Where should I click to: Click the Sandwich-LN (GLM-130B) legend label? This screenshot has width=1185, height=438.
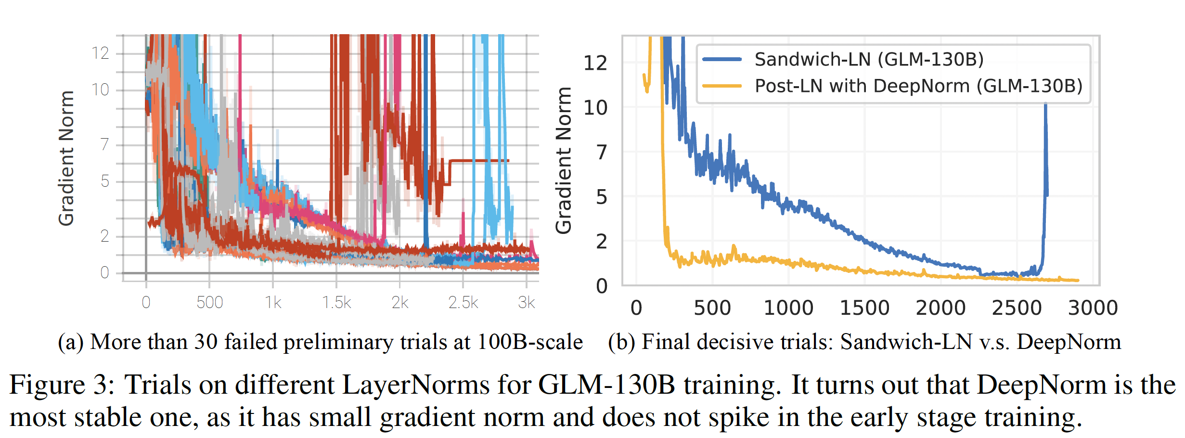pyautogui.click(x=869, y=60)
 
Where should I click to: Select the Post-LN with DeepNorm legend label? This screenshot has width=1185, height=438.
pyautogui.click(x=918, y=86)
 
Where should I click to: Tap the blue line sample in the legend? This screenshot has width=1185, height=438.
pyautogui.click(x=722, y=60)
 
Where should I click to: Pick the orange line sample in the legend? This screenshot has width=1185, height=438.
pyautogui.click(x=722, y=86)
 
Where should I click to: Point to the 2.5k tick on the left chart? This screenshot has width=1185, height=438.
pyautogui.click(x=463, y=303)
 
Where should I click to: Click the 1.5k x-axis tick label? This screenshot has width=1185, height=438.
pyautogui.click(x=336, y=303)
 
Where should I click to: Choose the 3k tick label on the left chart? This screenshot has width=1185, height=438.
pyautogui.click(x=526, y=303)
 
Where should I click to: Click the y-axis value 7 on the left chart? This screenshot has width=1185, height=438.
pyautogui.click(x=105, y=144)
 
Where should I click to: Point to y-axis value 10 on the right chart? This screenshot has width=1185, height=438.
pyautogui.click(x=595, y=108)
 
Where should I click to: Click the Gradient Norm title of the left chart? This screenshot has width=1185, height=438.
pyautogui.click(x=66, y=158)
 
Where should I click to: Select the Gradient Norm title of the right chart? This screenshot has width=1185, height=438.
pyautogui.click(x=564, y=160)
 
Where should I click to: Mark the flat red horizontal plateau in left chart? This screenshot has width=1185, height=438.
pyautogui.click(x=479, y=160)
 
